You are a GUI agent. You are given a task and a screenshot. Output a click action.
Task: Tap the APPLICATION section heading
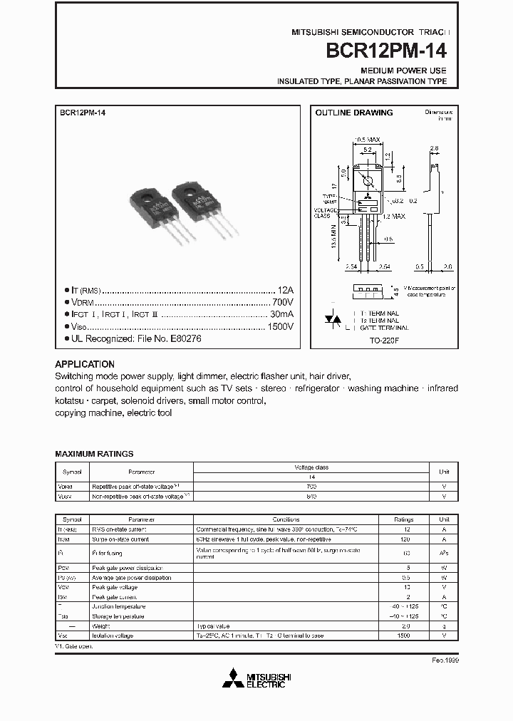[x=85, y=364]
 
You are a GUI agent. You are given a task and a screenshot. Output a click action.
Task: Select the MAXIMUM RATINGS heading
[x=94, y=454]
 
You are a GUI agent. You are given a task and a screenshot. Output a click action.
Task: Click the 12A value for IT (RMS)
[x=285, y=291]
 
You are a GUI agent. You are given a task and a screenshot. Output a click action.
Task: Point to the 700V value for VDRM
[x=283, y=302]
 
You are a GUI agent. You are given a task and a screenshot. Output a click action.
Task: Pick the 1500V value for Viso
[x=280, y=326]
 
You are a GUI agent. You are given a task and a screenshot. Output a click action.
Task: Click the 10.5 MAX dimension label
[x=368, y=140]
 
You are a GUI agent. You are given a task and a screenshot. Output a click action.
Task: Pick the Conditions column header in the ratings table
[x=285, y=519]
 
